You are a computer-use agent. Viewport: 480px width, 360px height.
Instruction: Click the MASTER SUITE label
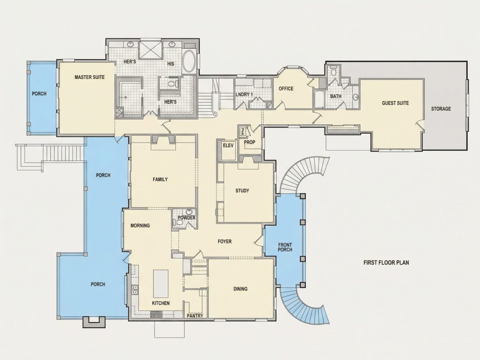pyautogui.click(x=89, y=77)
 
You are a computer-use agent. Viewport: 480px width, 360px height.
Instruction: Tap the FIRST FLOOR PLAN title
pyautogui.click(x=386, y=262)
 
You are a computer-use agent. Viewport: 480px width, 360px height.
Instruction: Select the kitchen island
pyautogui.click(x=161, y=284)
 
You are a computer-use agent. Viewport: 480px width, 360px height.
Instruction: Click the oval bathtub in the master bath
pyautogui.click(x=190, y=61)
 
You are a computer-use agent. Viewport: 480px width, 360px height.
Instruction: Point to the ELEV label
pyautogui.click(x=228, y=145)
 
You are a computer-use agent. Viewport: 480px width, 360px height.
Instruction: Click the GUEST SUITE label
pyautogui.click(x=395, y=103)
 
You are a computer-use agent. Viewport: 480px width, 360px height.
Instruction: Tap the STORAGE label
pyautogui.click(x=441, y=109)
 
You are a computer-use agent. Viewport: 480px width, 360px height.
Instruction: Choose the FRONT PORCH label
pyautogui.click(x=285, y=247)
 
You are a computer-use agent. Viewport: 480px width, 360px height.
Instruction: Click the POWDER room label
pyautogui.click(x=186, y=218)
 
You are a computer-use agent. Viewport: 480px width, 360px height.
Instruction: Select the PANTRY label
pyautogui.click(x=195, y=315)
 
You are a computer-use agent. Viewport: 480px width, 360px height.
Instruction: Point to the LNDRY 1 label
pyautogui.click(x=244, y=94)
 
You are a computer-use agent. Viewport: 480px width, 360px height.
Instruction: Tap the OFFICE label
pyautogui.click(x=286, y=89)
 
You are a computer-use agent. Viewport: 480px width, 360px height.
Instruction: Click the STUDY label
pyautogui.click(x=242, y=191)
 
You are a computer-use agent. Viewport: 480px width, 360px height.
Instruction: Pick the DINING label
pyautogui.click(x=240, y=289)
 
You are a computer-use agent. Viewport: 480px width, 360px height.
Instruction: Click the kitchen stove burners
pyautogui.click(x=156, y=314)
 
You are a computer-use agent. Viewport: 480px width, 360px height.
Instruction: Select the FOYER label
pyautogui.click(x=224, y=242)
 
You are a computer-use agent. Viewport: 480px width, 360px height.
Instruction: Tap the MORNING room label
pyautogui.click(x=140, y=226)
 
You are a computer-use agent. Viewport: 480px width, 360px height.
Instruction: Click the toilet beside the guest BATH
pyautogui.click(x=333, y=71)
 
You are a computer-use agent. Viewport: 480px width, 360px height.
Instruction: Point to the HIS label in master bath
pyautogui.click(x=171, y=64)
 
